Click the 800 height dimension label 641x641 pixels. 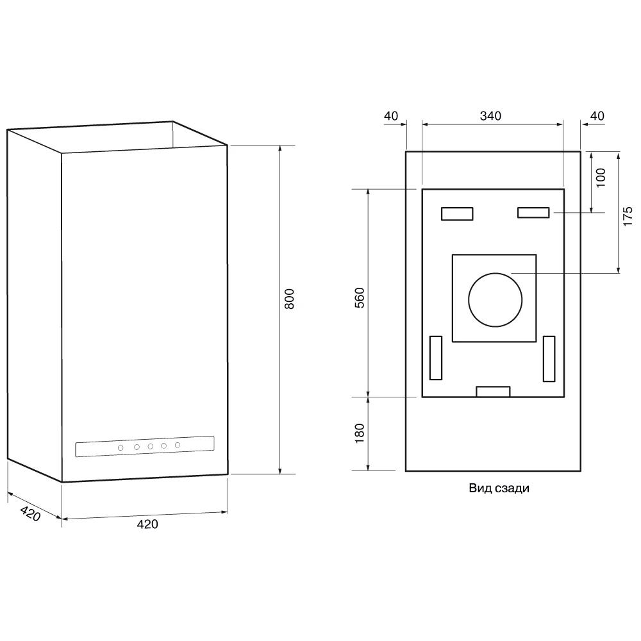click(x=289, y=300)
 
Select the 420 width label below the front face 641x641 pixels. click(x=147, y=524)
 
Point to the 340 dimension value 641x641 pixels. click(x=490, y=116)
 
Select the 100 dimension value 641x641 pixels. click(x=601, y=178)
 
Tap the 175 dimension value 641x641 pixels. click(x=628, y=216)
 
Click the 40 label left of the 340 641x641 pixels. click(x=390, y=116)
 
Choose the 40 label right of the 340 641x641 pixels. click(x=597, y=116)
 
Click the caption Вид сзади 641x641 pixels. click(x=499, y=488)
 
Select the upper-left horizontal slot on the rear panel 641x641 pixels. click(x=457, y=213)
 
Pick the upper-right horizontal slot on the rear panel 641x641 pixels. click(x=533, y=213)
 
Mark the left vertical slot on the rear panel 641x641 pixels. click(x=436, y=356)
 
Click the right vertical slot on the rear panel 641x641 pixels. click(x=549, y=358)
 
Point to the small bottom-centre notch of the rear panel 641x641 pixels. click(x=493, y=392)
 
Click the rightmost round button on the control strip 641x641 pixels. click(x=178, y=445)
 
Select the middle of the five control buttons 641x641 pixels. click(x=150, y=446)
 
